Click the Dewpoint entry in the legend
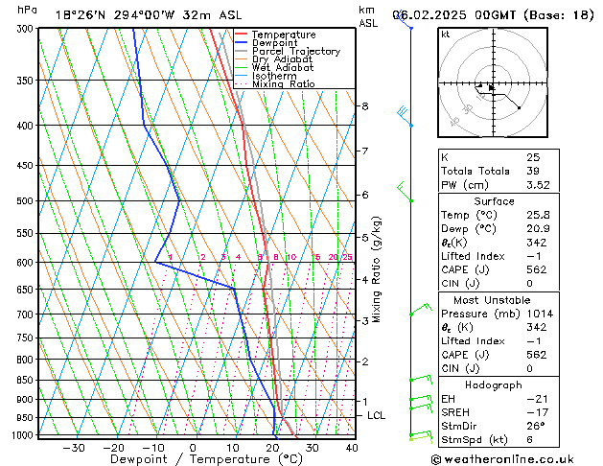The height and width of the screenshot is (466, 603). (274, 43)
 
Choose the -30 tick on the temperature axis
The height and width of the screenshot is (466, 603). (74, 448)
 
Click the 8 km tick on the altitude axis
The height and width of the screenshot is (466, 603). (365, 105)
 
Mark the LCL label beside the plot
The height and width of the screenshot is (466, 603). (377, 415)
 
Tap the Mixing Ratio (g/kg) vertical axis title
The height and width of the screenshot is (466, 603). (377, 269)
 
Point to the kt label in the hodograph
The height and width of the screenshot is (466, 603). (446, 35)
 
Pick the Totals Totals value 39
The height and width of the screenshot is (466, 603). (532, 171)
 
